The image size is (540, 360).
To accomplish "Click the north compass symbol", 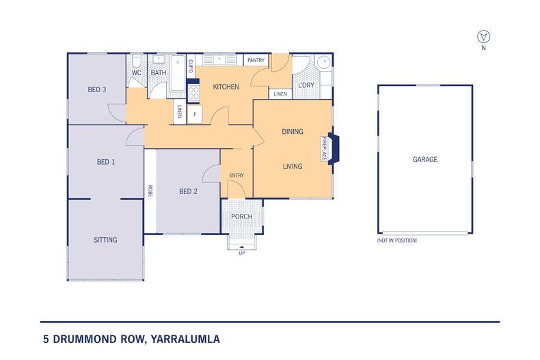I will [x=484, y=36].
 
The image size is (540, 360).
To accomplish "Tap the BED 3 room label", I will [x=97, y=89].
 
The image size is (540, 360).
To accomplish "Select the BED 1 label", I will [x=105, y=162].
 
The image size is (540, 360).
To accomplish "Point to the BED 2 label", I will [x=188, y=192].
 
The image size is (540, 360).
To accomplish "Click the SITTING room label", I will [x=106, y=240].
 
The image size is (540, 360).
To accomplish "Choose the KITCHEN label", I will [x=226, y=87].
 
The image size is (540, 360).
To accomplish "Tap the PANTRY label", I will [x=256, y=60].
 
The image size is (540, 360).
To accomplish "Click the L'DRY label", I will [x=305, y=85].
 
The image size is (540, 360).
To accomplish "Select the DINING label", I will [x=293, y=131].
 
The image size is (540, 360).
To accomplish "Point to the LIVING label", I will [x=293, y=166].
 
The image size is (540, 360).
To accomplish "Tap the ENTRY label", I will [x=237, y=176].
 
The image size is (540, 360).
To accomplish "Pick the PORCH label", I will [x=242, y=217].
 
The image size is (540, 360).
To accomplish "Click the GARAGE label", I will [x=424, y=159].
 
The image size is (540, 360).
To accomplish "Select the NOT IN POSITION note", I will [x=397, y=240].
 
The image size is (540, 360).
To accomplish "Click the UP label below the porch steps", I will [x=241, y=253].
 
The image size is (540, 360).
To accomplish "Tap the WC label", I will [x=136, y=72].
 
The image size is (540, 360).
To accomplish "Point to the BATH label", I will [x=159, y=72].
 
